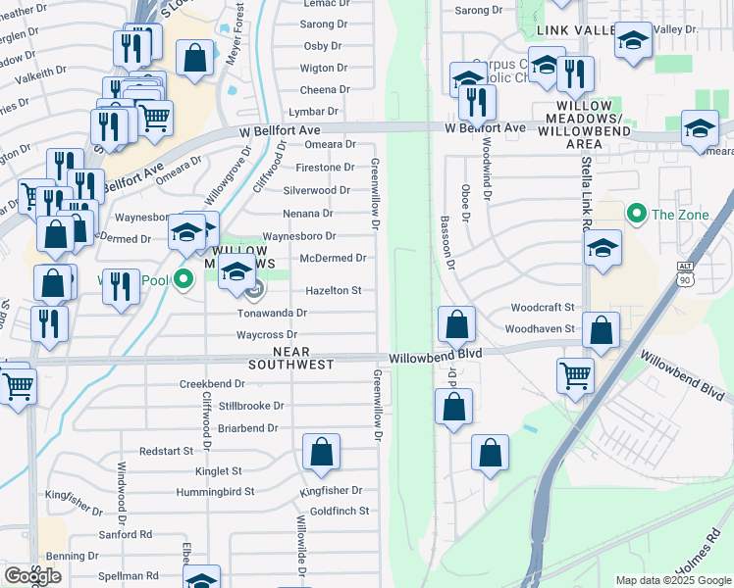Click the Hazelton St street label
pos(334,290)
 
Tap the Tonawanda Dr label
pos(273,313)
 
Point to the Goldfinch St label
pos(339,511)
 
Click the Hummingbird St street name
pos(215,491)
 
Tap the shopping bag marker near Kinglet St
pos(321,453)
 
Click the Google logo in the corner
pos(32,576)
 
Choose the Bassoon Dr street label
pos(447,241)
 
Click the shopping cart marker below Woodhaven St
pos(575,374)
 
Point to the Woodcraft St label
pos(542,307)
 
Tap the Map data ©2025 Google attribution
pos(672,580)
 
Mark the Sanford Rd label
pos(125,534)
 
